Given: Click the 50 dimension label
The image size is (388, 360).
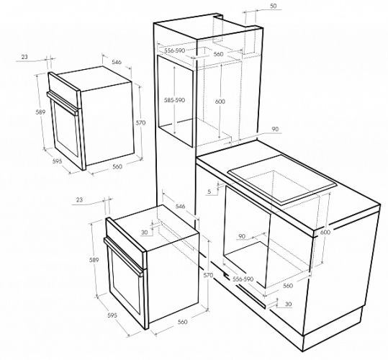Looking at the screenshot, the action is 274,6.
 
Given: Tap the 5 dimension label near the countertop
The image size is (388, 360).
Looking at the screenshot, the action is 209,192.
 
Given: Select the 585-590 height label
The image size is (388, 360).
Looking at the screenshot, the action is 175,100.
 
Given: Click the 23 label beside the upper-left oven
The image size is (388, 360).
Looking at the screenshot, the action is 24,57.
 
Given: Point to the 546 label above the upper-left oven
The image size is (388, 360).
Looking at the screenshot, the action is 117,62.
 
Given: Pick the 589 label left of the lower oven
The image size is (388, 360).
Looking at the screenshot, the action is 94,260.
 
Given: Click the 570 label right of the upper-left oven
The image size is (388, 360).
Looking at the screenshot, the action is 140,122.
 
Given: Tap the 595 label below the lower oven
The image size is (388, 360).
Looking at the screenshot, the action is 112,315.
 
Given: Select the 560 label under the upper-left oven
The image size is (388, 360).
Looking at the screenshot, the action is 117,166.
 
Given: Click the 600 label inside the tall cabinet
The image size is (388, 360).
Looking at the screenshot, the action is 220,102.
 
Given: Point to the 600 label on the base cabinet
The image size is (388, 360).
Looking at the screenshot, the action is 325,232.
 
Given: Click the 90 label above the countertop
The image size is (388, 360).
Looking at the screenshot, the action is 275,129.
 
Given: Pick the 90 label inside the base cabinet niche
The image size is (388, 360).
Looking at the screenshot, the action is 242,236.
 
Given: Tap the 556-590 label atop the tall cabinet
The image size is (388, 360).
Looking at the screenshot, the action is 175,50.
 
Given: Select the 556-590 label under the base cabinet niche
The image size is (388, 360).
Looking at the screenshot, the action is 243,279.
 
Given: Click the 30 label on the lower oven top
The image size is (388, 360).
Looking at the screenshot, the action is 145,233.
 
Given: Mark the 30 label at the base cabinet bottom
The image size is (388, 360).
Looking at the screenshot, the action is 288,304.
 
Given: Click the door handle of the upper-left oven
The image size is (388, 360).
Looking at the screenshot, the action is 63,104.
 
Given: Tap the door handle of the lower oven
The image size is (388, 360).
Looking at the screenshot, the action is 124,256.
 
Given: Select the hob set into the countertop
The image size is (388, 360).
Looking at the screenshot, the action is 282,180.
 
